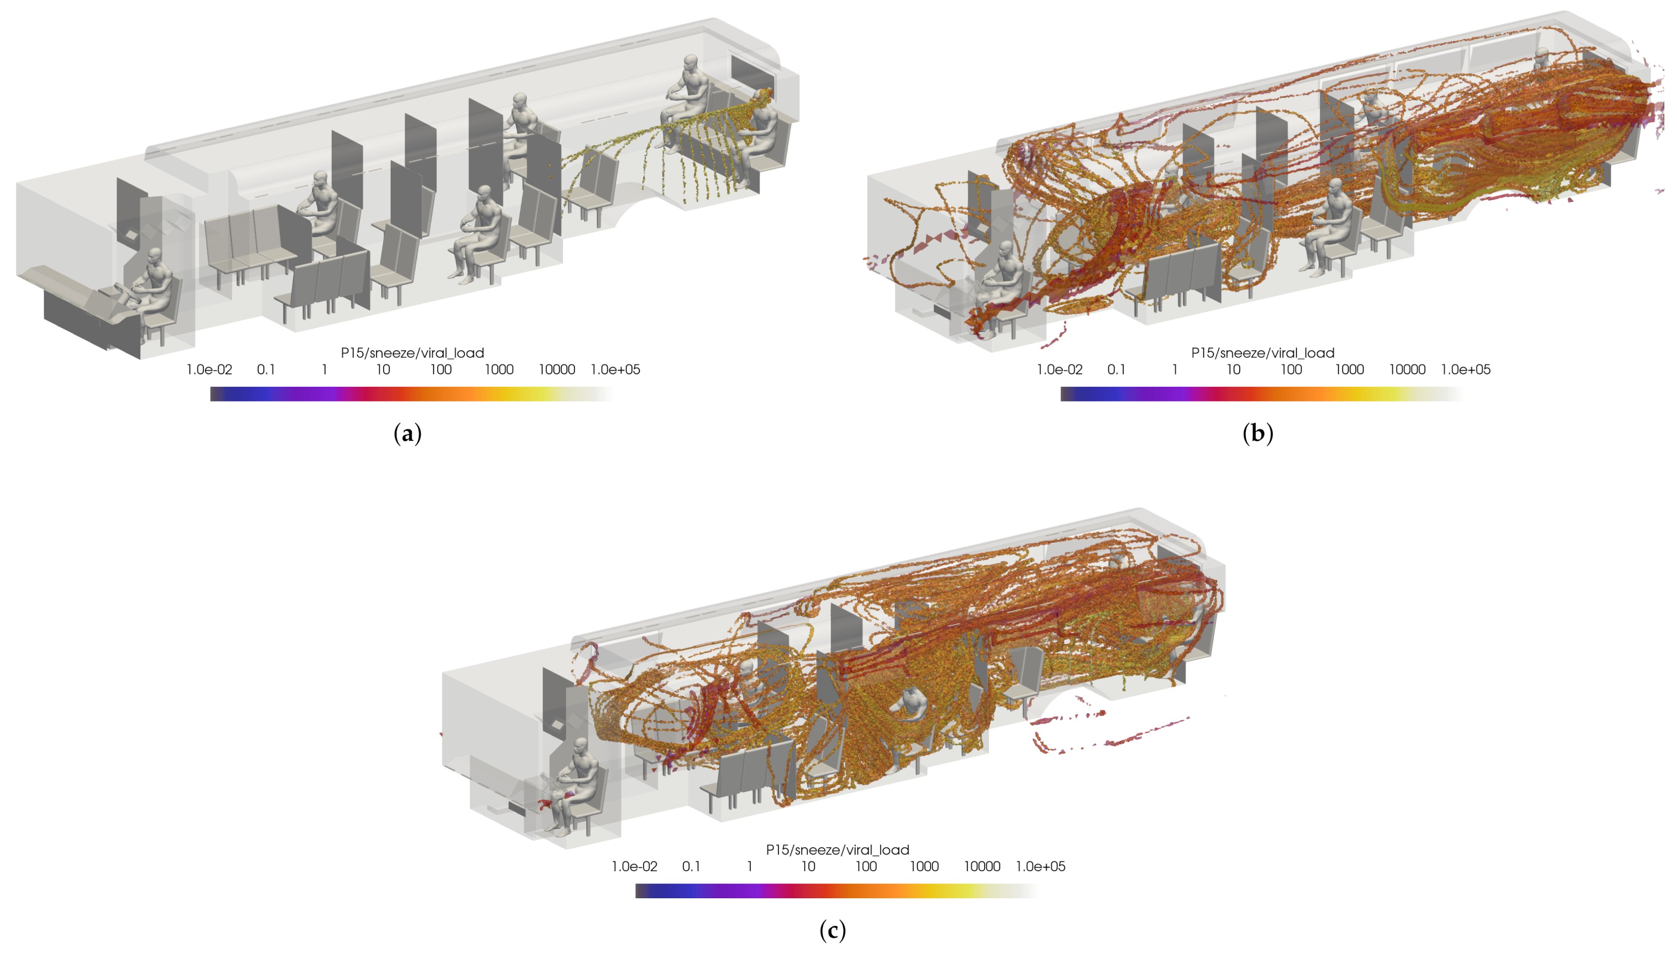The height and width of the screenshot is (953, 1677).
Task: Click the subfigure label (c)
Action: tap(832, 930)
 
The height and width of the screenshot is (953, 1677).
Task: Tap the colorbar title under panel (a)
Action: tap(412, 353)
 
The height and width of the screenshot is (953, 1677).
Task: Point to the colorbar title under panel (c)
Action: tap(838, 850)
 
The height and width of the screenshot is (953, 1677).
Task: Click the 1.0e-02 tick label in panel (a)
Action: tap(209, 370)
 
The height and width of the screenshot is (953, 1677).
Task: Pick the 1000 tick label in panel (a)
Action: tap(499, 370)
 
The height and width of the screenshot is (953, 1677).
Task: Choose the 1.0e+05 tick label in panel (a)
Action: tap(615, 370)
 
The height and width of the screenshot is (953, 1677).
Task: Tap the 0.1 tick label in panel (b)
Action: tap(1116, 370)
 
